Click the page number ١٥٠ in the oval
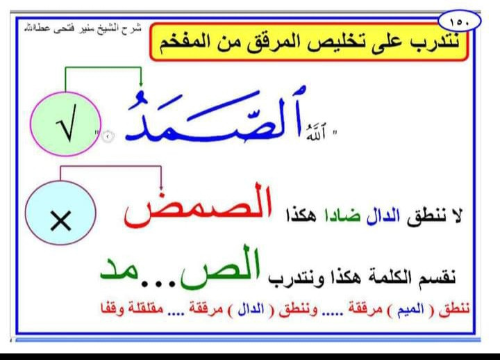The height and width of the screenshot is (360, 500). [459, 23]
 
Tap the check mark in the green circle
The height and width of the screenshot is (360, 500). [67, 124]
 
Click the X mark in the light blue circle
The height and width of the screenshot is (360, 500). [60, 220]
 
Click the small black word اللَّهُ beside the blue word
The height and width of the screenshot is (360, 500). [316, 133]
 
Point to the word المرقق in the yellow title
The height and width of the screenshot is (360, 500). [277, 43]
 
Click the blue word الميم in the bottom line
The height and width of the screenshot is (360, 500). [410, 309]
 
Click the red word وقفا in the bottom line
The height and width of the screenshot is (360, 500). [112, 309]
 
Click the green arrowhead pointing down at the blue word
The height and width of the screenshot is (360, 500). [140, 83]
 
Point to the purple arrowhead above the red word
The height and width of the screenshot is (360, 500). [161, 187]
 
